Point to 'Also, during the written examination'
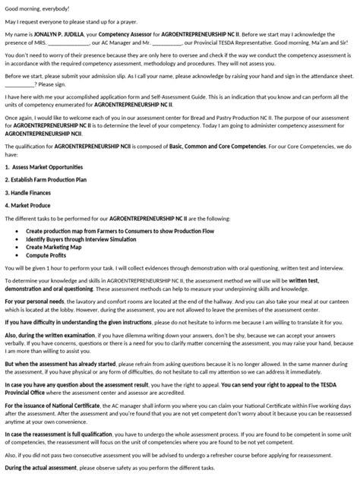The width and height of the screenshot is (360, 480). point(52,335)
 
